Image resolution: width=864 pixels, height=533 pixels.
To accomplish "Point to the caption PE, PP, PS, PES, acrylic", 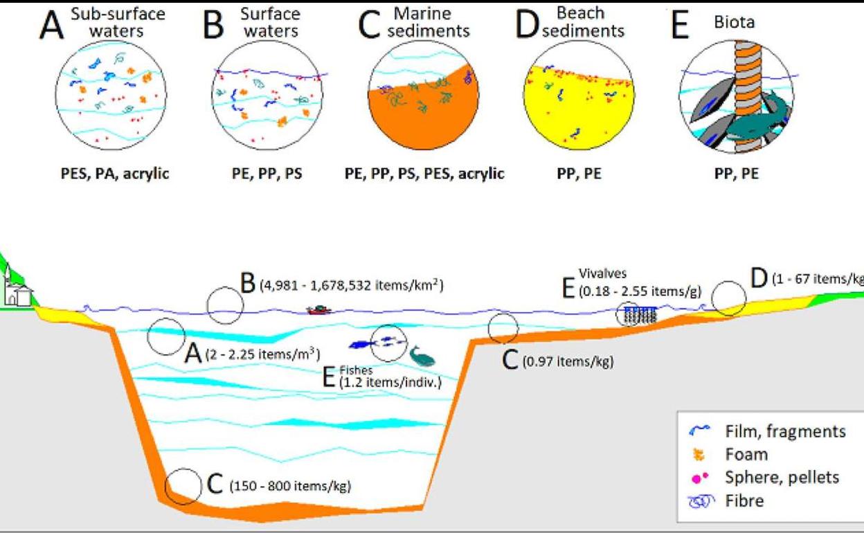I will coord(424,173).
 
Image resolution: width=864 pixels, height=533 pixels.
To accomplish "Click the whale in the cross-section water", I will coord(422,356).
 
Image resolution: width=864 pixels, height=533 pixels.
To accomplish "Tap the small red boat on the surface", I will coord(318,309).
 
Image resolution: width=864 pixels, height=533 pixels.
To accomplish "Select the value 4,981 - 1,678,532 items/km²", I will coord(351,285).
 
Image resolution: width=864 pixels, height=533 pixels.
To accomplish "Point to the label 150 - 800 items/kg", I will coord(289,485).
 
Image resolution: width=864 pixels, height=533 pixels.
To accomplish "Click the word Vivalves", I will coord(602,274).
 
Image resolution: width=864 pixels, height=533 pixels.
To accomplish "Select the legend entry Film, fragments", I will coord(785,431).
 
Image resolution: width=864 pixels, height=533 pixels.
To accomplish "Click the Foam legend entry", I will coord(746,454).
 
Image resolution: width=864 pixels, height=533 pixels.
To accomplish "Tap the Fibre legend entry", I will coord(744,500).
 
